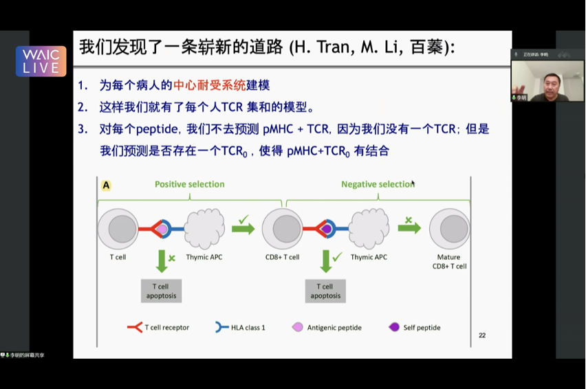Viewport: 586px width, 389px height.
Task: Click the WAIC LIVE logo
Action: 41,61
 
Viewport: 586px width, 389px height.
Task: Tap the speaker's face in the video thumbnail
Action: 550,80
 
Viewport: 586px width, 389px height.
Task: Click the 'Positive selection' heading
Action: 189,184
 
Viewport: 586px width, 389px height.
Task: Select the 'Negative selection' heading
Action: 377,184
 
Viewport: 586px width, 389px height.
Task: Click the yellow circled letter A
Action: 106,186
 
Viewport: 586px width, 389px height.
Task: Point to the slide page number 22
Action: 482,335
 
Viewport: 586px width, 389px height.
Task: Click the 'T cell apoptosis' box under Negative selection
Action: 325,291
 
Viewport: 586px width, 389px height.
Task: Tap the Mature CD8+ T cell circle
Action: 450,229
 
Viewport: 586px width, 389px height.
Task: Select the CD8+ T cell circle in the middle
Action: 283,229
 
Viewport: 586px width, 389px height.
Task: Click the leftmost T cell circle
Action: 118,229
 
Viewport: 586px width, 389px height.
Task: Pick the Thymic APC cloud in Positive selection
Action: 206,229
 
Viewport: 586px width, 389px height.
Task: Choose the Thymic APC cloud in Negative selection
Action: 369,229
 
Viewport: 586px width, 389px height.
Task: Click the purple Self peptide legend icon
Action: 394,327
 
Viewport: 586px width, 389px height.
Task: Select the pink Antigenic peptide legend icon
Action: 298,327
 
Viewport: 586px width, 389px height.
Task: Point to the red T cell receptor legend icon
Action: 134,327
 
